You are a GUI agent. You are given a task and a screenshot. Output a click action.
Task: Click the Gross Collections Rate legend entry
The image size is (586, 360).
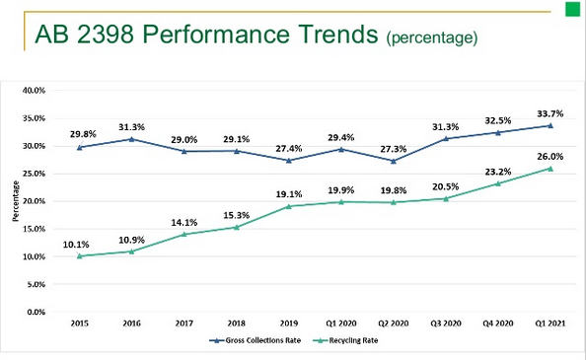[x=255, y=340]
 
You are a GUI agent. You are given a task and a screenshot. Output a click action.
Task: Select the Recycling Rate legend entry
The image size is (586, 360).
[x=345, y=340]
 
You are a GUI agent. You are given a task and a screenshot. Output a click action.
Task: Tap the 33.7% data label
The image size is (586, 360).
[x=550, y=113]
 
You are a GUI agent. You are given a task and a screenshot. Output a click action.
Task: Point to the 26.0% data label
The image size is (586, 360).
[x=550, y=157]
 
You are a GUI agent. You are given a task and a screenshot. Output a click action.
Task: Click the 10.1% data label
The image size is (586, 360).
[x=76, y=245]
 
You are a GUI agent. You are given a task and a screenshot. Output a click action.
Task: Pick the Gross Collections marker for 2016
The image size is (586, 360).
[x=131, y=139]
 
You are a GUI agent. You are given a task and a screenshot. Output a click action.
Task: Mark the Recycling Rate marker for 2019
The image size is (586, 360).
[x=288, y=206]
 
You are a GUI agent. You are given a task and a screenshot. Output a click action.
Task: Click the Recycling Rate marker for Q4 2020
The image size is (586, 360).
[x=498, y=183]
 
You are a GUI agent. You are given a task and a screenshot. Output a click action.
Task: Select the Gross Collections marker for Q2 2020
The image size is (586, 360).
[x=394, y=161]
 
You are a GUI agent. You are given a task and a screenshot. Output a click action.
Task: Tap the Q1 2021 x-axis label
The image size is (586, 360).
[x=550, y=324]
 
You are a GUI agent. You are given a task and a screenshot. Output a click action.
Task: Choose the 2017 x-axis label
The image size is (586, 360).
[x=183, y=324]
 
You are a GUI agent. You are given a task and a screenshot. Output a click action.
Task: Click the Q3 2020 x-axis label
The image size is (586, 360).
[x=446, y=324]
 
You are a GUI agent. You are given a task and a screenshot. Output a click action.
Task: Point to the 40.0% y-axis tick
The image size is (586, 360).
[x=34, y=91]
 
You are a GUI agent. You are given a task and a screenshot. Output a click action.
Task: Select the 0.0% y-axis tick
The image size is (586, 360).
[x=36, y=312]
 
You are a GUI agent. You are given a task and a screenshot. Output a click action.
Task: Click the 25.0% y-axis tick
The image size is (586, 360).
[x=34, y=174]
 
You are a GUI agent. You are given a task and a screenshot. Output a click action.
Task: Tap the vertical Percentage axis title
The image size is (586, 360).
[x=16, y=201]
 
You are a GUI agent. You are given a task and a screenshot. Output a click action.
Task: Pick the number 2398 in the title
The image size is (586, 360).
[x=106, y=34]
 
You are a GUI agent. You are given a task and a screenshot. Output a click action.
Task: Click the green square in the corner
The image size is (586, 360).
[x=573, y=9]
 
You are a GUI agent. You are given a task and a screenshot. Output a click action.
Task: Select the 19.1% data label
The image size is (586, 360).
[x=288, y=194]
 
